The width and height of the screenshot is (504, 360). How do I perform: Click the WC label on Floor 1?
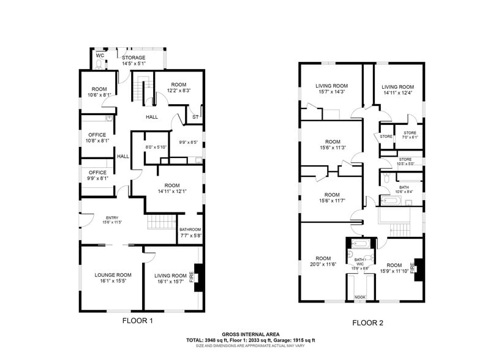tap(100, 55)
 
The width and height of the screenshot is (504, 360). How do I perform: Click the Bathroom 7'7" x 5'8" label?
tap(190, 232)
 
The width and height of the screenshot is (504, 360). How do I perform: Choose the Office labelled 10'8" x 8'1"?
tap(97, 138)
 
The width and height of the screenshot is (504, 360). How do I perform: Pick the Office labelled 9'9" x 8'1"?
tap(97, 176)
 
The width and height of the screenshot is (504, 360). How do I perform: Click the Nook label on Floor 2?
tap(359, 298)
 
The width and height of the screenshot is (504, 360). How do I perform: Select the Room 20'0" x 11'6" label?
tap(323, 261)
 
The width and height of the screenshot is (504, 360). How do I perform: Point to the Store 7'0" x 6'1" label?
tap(410, 135)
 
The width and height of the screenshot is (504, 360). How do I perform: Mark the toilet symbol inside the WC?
tap(99, 64)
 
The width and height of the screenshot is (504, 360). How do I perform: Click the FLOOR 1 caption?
tap(138, 320)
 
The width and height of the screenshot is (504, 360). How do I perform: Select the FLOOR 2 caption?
tap(367, 322)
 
